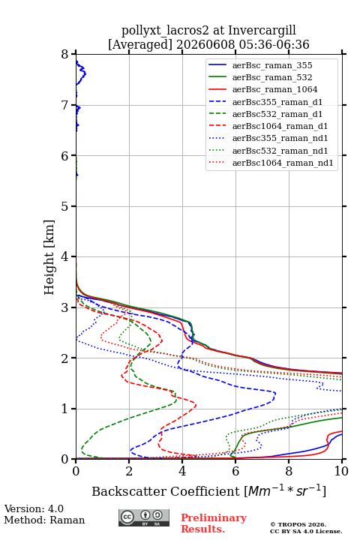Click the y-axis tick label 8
[65, 55]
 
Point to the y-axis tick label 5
[65, 207]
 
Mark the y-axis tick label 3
[65, 307]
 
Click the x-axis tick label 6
[235, 471]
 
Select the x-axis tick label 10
[341, 471]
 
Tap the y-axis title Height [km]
[49, 257]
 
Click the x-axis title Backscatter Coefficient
[165, 491]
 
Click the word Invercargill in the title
[262, 31]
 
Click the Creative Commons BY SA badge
[144, 517]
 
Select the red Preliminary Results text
[214, 523]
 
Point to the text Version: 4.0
[34, 508]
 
